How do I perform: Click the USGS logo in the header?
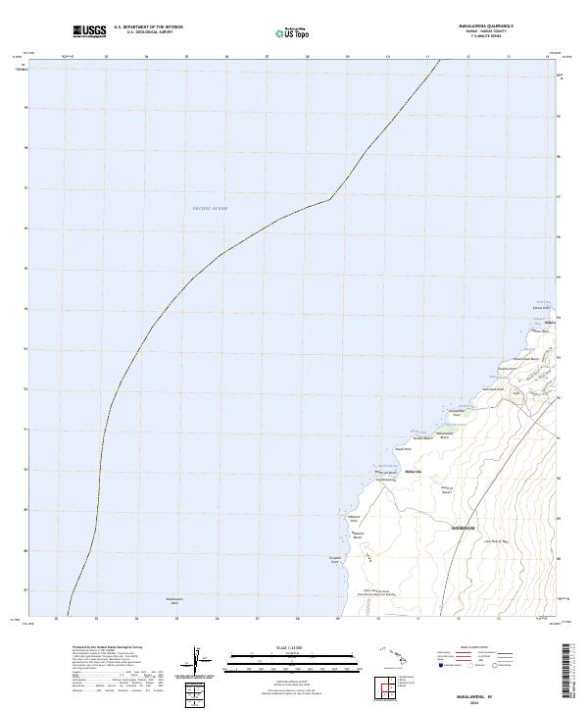click(x=89, y=31)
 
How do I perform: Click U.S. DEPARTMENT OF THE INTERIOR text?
click(x=148, y=27)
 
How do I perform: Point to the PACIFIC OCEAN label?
click(x=210, y=209)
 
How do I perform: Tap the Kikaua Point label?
click(x=542, y=307)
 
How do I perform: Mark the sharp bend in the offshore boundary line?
click(x=330, y=198)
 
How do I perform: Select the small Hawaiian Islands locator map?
click(x=398, y=653)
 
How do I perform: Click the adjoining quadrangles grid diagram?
click(x=388, y=689)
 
